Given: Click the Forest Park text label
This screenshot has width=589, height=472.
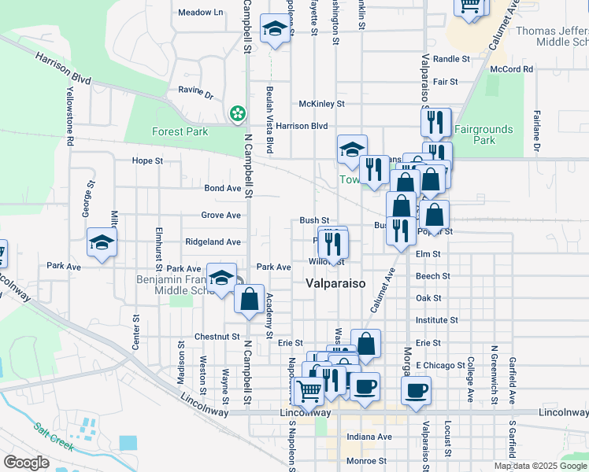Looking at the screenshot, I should pos(180,132).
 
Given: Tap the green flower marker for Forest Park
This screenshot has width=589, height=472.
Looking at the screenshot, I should pos(237,114).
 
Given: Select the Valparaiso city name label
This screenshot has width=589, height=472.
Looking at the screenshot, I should pos(335,284).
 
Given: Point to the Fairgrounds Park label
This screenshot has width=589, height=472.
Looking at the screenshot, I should pos(484,135).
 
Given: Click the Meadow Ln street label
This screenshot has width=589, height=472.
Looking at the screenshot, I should pos(201,13).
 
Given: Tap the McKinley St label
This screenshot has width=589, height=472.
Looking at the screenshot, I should pos(321,104).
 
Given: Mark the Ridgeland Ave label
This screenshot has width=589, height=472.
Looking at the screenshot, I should pos(213,242).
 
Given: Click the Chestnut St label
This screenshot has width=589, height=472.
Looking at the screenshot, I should pos(217,337).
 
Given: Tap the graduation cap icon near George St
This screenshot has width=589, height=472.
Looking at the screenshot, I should pos(102,242).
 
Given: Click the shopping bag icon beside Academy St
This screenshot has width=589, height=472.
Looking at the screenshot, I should pos(250,300).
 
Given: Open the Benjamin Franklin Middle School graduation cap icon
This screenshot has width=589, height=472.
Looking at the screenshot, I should pos(222,277).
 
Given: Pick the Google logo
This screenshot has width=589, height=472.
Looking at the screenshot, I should pos(27,463).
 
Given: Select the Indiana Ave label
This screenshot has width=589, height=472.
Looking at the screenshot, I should pos(370,437).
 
